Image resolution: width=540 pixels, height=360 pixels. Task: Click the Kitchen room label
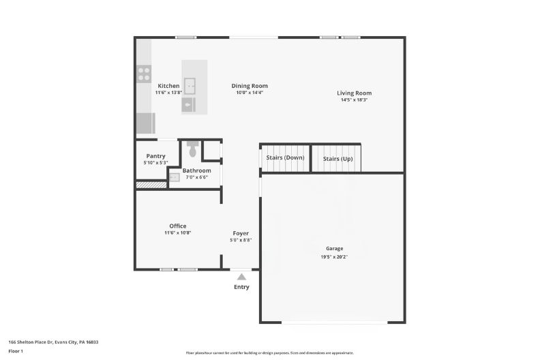pyautogui.click(x=168, y=86)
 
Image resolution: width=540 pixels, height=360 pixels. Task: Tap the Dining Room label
pyautogui.click(x=252, y=86)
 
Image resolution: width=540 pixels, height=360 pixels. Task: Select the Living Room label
pyautogui.click(x=354, y=93)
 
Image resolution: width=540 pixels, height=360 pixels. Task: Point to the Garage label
pyautogui.click(x=334, y=249)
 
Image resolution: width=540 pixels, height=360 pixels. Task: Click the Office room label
pyautogui.click(x=177, y=226)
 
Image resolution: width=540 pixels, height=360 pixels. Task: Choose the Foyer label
pyautogui.click(x=241, y=233)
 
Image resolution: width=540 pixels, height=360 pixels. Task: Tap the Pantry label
pyautogui.click(x=155, y=156)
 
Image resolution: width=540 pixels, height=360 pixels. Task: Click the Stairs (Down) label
pyautogui.click(x=284, y=158)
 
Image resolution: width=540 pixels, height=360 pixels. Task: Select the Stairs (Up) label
pyautogui.click(x=337, y=158)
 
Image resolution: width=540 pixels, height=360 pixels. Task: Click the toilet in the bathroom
pyautogui.click(x=192, y=149)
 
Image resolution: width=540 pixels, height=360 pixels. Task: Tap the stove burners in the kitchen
pyautogui.click(x=144, y=74)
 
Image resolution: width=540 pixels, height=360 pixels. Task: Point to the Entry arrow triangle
pyautogui.click(x=241, y=277)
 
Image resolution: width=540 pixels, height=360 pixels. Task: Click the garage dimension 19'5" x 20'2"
pyautogui.click(x=334, y=257)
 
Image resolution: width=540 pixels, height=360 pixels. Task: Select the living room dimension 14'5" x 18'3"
pyautogui.click(x=354, y=100)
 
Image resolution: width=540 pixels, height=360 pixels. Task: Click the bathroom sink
pyautogui.click(x=175, y=177)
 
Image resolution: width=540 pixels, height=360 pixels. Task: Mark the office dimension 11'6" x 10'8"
pyautogui.click(x=177, y=233)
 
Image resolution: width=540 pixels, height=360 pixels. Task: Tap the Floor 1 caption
pyautogui.click(x=16, y=351)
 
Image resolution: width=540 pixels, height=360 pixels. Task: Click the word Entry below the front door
pyautogui.click(x=241, y=287)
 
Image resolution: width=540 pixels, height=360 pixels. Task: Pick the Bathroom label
pyautogui.click(x=196, y=170)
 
